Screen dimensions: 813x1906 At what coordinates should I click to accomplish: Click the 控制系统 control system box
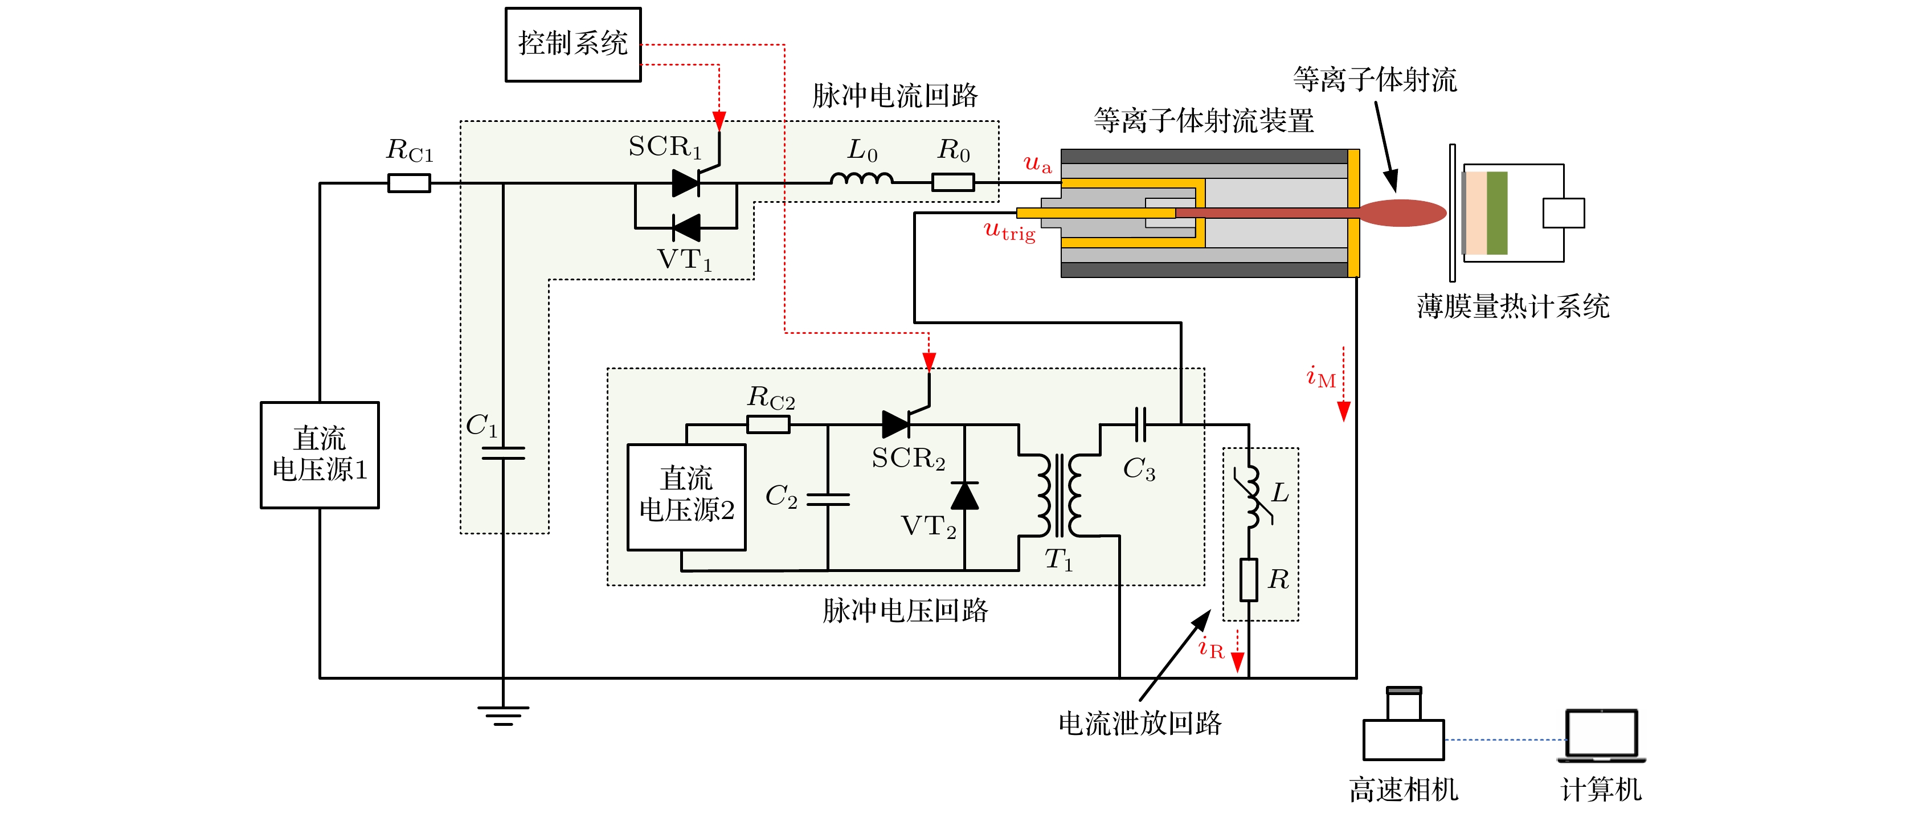572,44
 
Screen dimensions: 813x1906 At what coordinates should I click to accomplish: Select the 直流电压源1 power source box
320,455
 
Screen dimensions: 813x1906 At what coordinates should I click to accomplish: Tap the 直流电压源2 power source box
686,496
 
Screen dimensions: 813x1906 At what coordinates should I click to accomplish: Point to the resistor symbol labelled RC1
409,183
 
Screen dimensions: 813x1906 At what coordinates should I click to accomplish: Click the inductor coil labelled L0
861,179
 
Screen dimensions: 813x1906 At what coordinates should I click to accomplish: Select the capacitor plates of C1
503,453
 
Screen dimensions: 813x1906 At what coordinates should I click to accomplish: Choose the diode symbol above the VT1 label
686,228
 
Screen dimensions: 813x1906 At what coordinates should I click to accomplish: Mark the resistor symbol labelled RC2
768,424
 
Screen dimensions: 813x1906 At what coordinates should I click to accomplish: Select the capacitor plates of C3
1140,424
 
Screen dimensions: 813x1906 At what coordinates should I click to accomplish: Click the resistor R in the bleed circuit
1249,579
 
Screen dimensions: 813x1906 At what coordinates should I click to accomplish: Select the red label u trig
1009,231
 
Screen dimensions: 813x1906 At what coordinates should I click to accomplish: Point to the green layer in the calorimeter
1497,213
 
